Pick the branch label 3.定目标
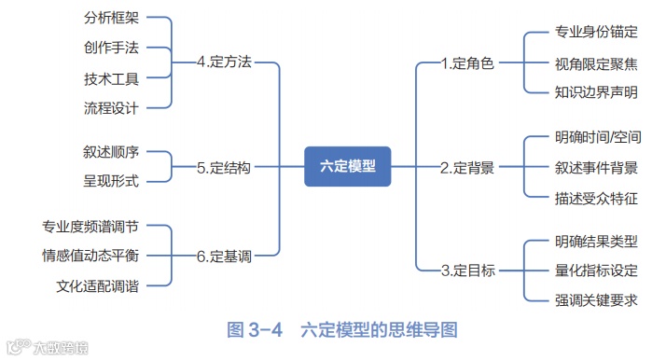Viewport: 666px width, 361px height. click(x=467, y=271)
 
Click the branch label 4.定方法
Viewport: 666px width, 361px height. click(x=224, y=62)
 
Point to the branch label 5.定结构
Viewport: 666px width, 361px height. click(x=224, y=168)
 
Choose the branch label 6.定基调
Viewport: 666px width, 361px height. click(x=224, y=254)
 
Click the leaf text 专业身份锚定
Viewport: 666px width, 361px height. click(x=596, y=32)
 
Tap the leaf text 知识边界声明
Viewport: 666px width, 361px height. click(x=596, y=91)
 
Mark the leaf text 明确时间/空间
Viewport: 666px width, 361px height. click(x=597, y=137)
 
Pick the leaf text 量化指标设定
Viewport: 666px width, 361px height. click(x=596, y=271)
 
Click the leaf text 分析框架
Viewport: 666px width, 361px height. click(x=111, y=17)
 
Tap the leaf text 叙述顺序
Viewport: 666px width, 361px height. click(x=111, y=151)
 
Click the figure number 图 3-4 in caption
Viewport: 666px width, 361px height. click(x=255, y=329)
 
